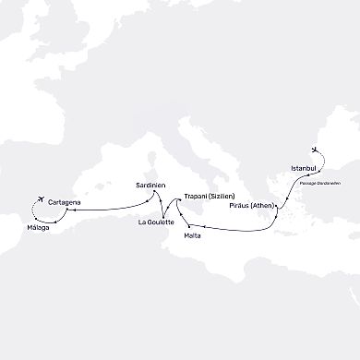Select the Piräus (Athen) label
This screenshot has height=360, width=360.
[x=247, y=208]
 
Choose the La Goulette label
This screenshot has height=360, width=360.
[x=154, y=222]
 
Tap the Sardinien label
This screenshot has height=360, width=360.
[x=150, y=186]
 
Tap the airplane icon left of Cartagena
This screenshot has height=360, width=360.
[x=40, y=201]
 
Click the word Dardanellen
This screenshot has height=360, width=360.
[x=332, y=183]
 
